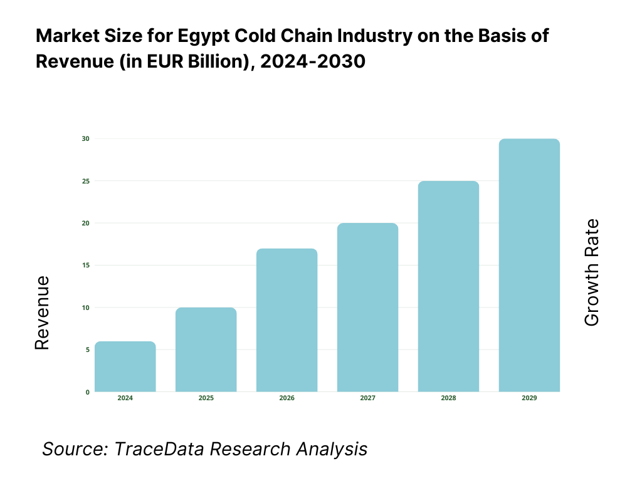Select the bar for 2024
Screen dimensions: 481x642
(x=125, y=366)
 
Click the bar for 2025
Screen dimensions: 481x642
(x=206, y=349)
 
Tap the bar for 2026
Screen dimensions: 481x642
(x=287, y=320)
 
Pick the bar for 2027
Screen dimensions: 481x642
(x=367, y=308)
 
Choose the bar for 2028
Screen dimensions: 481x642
(x=448, y=286)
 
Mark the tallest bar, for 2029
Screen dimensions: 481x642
(x=529, y=265)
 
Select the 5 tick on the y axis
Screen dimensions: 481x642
(x=87, y=349)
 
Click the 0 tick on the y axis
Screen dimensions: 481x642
(x=87, y=392)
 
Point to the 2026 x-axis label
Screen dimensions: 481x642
(x=287, y=398)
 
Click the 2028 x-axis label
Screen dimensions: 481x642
(x=448, y=398)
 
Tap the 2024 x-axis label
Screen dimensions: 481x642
(x=125, y=398)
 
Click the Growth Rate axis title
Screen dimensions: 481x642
(x=591, y=272)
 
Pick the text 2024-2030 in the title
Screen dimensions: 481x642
(x=313, y=63)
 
